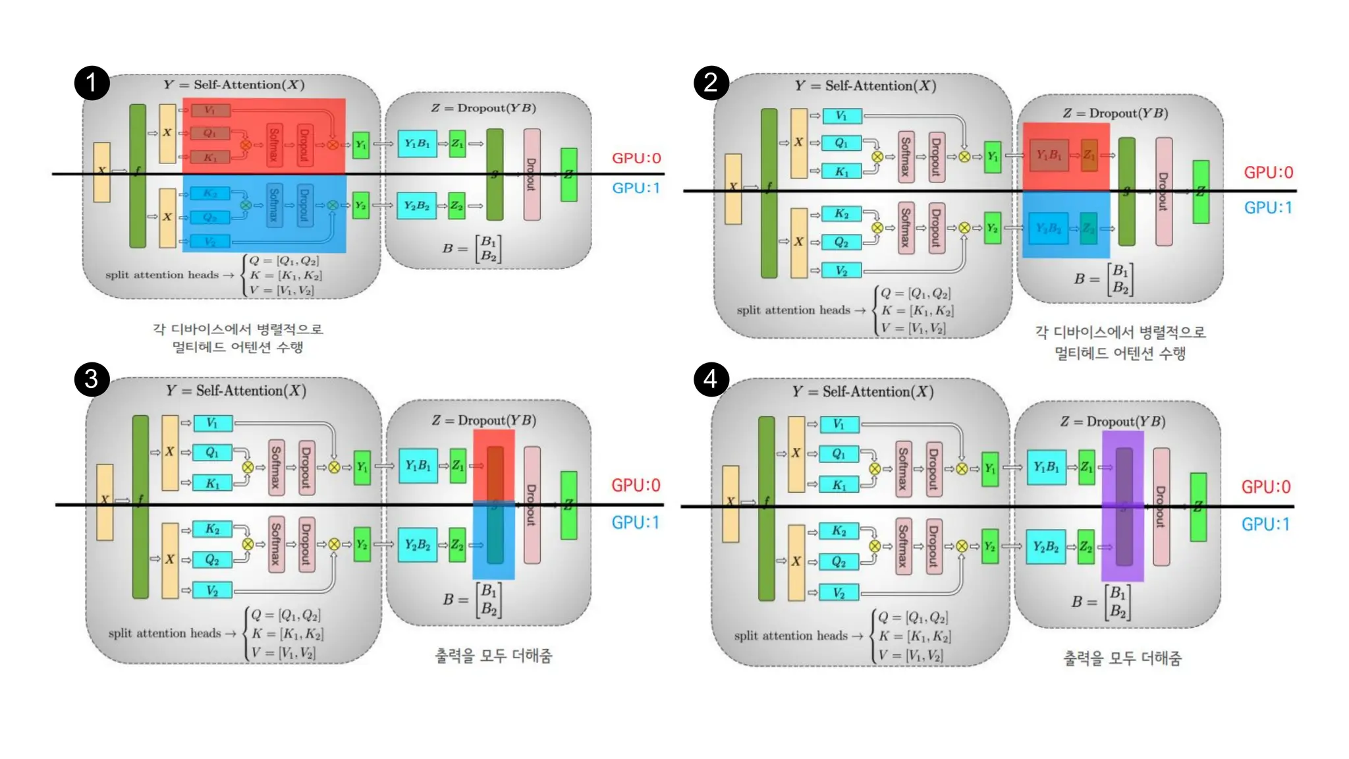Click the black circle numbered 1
[92, 82]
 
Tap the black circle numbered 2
[711, 82]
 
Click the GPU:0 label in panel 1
[636, 158]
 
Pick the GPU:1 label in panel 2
[1268, 208]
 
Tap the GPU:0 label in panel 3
[635, 485]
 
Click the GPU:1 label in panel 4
[1265, 524]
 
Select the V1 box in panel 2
[841, 116]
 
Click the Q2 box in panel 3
[212, 559]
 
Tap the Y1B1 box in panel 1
[417, 144]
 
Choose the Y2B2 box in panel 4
[1045, 547]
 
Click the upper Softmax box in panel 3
[276, 467]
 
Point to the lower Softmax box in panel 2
[906, 228]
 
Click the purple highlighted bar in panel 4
[1123, 506]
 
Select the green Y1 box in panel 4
[989, 468]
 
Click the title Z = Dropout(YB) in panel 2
[1115, 113]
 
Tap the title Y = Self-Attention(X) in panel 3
[236, 391]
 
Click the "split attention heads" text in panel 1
[162, 275]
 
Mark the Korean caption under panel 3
[493, 656]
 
